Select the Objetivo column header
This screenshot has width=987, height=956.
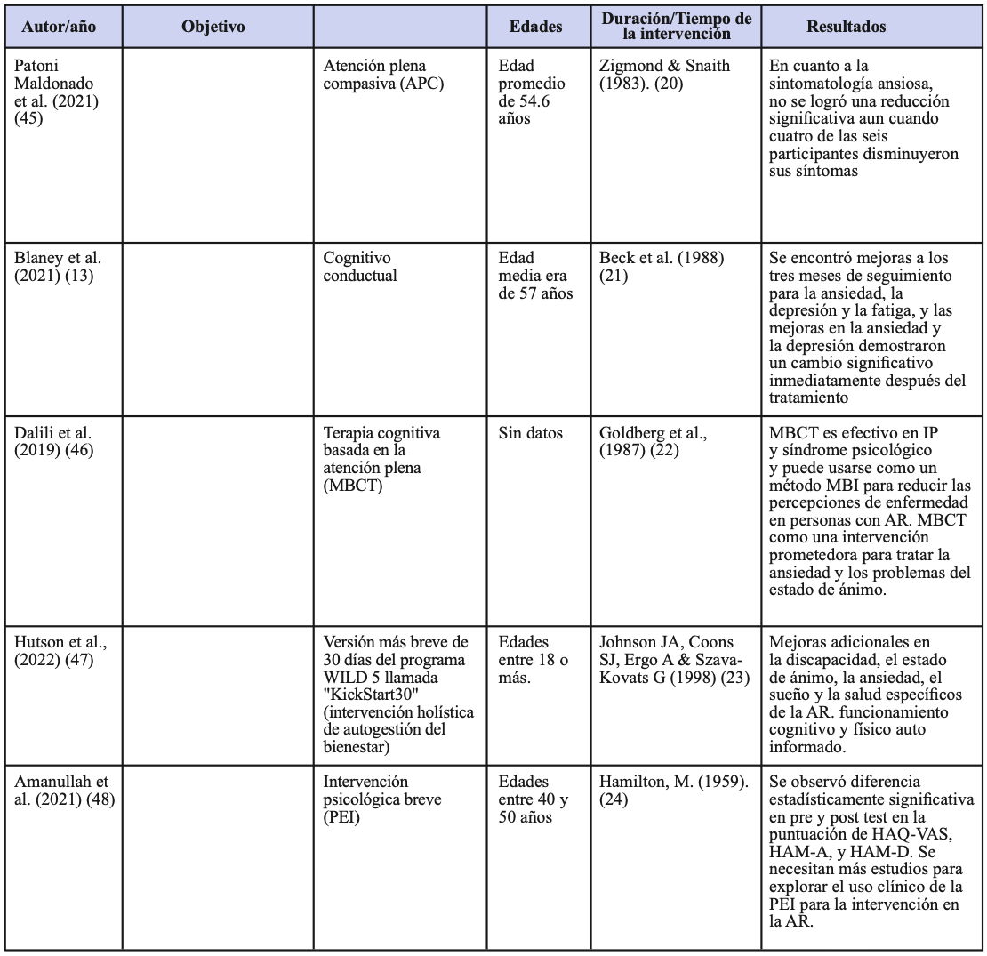pos(213,27)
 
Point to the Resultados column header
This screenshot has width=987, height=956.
pos(846,27)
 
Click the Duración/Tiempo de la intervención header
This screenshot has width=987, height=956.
pos(677,27)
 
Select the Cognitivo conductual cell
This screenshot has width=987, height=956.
pos(360,267)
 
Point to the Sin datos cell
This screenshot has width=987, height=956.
pos(530,433)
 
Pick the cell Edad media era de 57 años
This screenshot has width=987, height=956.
pos(535,276)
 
